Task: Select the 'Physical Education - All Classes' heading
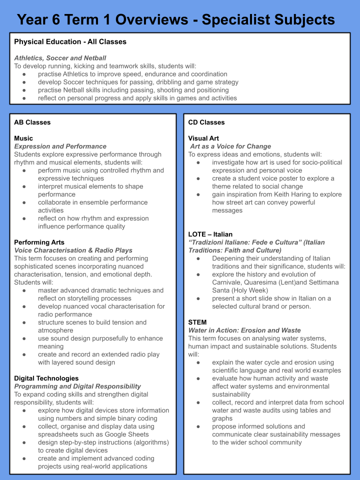70,41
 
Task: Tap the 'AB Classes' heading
32,122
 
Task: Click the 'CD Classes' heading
206,122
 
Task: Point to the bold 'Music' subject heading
23,138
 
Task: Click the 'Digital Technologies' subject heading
46,378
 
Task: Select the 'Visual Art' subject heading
203,138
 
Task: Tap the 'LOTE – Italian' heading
210,234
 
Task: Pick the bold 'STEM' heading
197,322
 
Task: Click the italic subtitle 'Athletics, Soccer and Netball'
60,58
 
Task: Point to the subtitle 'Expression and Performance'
60,146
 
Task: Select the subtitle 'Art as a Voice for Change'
230,146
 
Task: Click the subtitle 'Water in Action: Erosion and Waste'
244,330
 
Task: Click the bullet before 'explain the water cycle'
199,362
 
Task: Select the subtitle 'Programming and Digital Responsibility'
77,386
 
